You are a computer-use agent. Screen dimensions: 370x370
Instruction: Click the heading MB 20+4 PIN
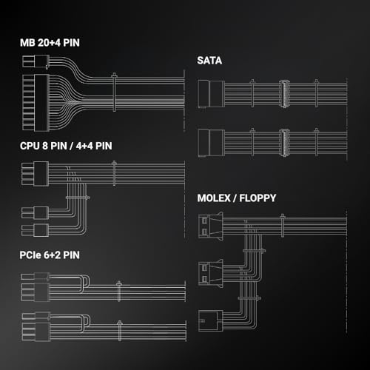click(x=50, y=43)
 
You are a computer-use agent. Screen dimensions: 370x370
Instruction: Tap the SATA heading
click(x=209, y=61)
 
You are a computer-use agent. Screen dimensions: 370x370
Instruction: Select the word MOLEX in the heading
click(x=214, y=198)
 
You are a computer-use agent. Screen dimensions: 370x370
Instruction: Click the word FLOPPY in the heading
click(x=258, y=198)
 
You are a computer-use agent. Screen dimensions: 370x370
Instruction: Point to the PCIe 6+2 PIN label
click(x=50, y=255)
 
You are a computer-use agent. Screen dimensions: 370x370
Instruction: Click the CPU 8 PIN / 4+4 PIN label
click(x=66, y=146)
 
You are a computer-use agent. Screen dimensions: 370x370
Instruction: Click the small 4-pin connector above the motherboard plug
click(x=36, y=61)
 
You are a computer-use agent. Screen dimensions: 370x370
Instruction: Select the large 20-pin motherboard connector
click(x=36, y=103)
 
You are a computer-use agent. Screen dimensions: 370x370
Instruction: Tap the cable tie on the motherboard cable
click(x=114, y=92)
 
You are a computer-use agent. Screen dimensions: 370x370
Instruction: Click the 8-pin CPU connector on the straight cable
click(x=35, y=173)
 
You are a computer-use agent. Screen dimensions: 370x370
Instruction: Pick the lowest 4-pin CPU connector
click(x=35, y=230)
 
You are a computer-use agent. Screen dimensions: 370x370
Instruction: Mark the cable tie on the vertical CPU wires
click(x=78, y=198)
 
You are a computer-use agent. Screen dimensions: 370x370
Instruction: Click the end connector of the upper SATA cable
click(x=212, y=94)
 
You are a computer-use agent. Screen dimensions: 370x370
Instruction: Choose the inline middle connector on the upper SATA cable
click(x=284, y=94)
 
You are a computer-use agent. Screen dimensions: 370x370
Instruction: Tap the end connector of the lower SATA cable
click(x=212, y=143)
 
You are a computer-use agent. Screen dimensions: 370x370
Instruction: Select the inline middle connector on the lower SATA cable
click(x=284, y=143)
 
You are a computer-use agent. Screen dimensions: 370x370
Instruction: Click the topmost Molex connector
click(x=211, y=226)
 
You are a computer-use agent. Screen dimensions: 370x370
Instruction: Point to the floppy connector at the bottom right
click(x=211, y=321)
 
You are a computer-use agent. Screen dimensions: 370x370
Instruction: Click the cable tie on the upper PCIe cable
click(x=118, y=292)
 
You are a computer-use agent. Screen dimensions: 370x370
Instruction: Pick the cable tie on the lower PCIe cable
click(x=120, y=331)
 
